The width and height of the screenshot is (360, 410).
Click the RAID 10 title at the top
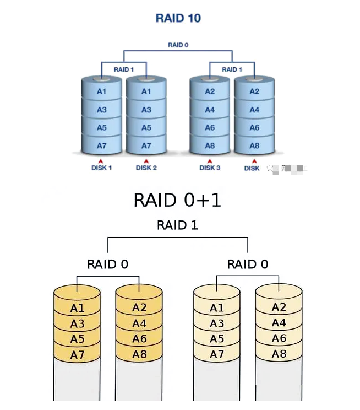click(178, 18)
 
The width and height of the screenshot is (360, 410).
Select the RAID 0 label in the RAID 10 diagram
click(178, 45)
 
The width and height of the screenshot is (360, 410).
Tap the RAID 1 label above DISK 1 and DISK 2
click(124, 69)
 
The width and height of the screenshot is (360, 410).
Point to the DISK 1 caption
click(102, 168)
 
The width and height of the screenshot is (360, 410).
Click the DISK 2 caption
click(146, 168)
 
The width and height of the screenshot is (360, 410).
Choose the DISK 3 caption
click(210, 168)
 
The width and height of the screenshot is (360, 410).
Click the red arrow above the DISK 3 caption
click(210, 160)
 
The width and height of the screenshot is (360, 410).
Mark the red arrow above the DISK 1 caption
click(102, 160)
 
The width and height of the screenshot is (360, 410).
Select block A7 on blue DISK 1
click(102, 146)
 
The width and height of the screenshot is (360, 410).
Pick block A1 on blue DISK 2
click(146, 91)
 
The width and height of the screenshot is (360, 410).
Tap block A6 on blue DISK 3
click(210, 128)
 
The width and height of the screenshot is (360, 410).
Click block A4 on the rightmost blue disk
click(254, 110)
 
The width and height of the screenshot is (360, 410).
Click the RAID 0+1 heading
click(177, 200)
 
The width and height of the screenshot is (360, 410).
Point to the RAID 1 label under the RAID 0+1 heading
click(177, 225)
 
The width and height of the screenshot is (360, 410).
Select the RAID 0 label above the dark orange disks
click(108, 265)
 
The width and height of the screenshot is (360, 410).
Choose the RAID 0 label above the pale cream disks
click(248, 265)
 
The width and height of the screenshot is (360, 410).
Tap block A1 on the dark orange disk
click(77, 308)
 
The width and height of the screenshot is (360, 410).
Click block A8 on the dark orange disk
click(139, 354)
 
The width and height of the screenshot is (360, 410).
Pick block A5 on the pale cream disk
click(217, 339)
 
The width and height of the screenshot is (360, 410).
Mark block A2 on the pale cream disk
click(279, 307)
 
